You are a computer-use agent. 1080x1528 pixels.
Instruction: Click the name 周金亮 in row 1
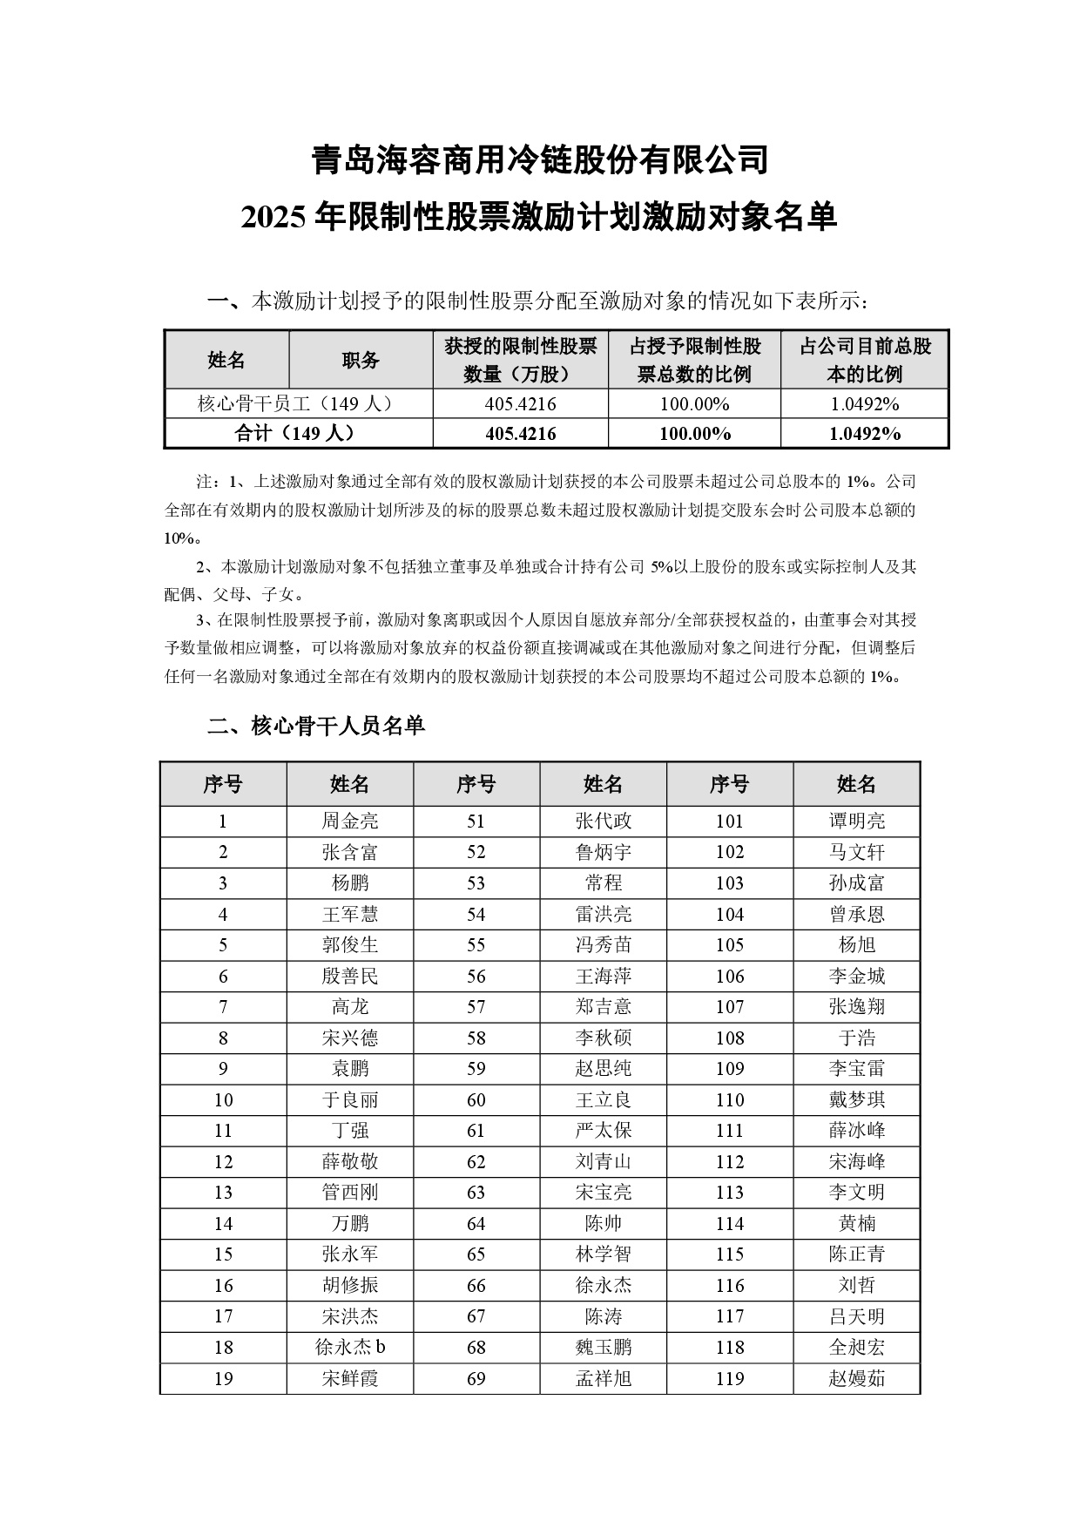coord(350,821)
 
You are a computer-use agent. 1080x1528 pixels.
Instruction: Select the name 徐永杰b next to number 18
coord(350,1347)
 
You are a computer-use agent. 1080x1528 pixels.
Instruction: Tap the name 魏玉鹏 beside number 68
coord(603,1347)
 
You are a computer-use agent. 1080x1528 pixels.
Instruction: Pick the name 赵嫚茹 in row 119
coord(856,1378)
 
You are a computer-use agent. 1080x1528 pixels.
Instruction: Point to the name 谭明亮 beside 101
coord(856,821)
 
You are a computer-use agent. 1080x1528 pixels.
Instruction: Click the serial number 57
coord(476,1007)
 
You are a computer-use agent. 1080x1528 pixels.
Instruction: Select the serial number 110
coord(730,1099)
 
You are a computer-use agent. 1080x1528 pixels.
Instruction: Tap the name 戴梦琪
coord(856,1099)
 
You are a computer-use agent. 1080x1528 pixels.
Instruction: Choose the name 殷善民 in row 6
coord(350,976)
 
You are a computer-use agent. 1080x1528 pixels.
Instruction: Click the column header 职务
coord(361,360)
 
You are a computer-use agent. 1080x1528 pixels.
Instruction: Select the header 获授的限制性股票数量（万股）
coord(520,360)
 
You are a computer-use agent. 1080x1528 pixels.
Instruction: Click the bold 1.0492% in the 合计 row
coord(864,433)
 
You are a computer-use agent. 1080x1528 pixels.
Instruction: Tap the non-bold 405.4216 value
coord(520,403)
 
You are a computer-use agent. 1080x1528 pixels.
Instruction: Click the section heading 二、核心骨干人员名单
coord(316,726)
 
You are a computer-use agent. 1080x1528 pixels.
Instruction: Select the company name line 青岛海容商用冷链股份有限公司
coord(540,159)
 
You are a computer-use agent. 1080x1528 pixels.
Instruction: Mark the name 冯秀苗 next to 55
coord(603,945)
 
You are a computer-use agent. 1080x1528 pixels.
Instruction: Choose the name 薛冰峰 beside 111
coord(856,1131)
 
